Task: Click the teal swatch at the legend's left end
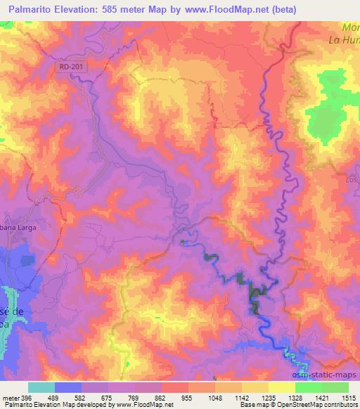click(41, 387)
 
